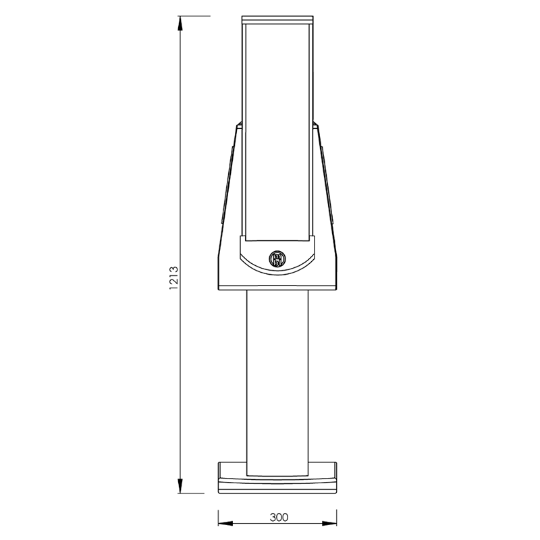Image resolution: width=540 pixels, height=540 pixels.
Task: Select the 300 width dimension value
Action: tap(278, 518)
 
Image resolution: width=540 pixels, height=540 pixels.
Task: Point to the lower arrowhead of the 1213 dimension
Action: tap(180, 487)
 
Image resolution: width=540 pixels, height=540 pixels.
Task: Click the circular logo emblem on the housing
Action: tap(277, 258)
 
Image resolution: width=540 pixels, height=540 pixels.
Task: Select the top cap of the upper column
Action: tap(277, 18)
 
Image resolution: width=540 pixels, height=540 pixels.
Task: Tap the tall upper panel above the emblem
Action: tap(277, 128)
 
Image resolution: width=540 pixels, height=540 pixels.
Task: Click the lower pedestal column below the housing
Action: tap(277, 378)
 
